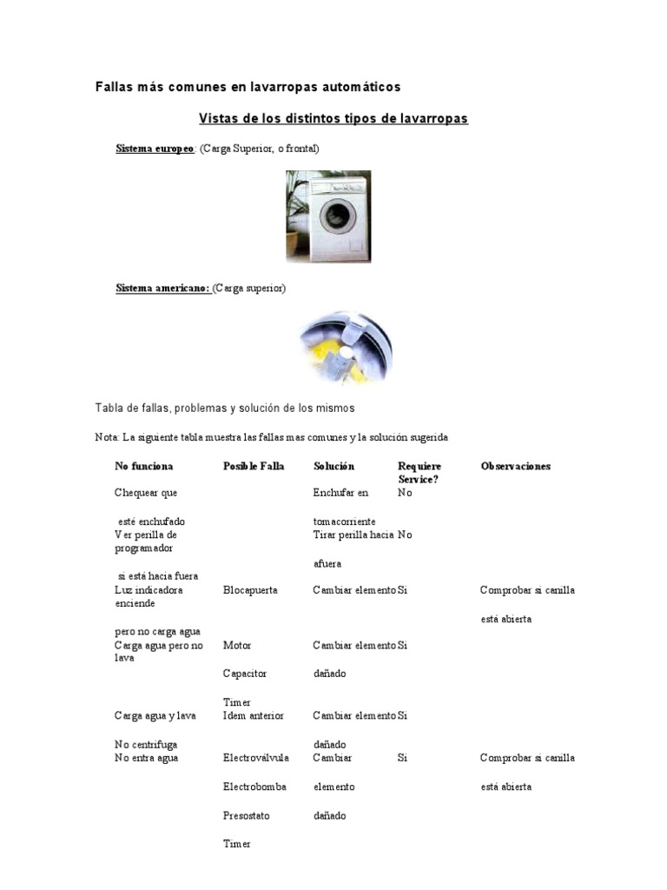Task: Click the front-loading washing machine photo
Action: coord(328,216)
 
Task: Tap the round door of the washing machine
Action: coord(336,216)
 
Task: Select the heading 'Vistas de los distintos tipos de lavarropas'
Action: coord(333,118)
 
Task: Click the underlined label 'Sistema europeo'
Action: coord(155,149)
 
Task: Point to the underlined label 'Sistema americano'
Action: coord(162,288)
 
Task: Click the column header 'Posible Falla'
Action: coord(254,466)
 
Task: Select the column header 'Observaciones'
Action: coord(516,466)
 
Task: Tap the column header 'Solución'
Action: coord(333,466)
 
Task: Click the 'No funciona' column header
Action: coord(143,466)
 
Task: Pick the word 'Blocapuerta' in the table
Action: coord(250,590)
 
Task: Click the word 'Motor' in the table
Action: coord(237,646)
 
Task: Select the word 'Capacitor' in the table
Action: coord(245,674)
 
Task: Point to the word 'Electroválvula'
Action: coord(254,758)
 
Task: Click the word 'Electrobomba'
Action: coord(254,787)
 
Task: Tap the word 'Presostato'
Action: coord(247,815)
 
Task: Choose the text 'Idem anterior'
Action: coord(253,715)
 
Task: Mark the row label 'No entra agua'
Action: coord(146,758)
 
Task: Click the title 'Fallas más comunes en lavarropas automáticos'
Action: coord(248,87)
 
